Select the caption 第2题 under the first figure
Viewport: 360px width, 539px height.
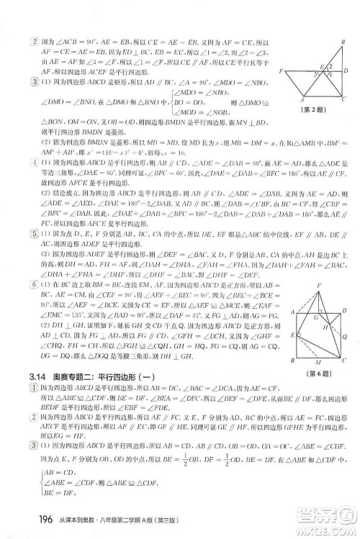pyautogui.click(x=318, y=112)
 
